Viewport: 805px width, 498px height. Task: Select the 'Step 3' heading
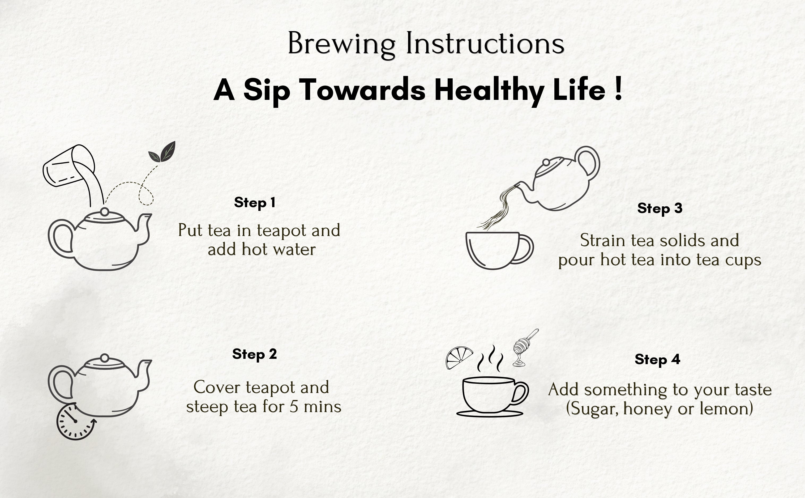(x=660, y=208)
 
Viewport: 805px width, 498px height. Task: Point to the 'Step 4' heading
(x=657, y=359)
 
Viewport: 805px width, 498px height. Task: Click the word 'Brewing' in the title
(x=341, y=44)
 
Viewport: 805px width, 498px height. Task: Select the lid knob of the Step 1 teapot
(x=105, y=212)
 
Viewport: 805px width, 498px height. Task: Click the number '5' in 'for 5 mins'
(x=293, y=407)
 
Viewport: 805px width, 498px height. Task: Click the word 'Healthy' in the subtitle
(x=489, y=90)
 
